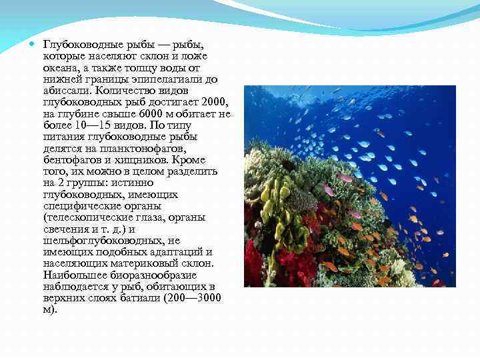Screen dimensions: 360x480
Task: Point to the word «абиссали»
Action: coord(67,90)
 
